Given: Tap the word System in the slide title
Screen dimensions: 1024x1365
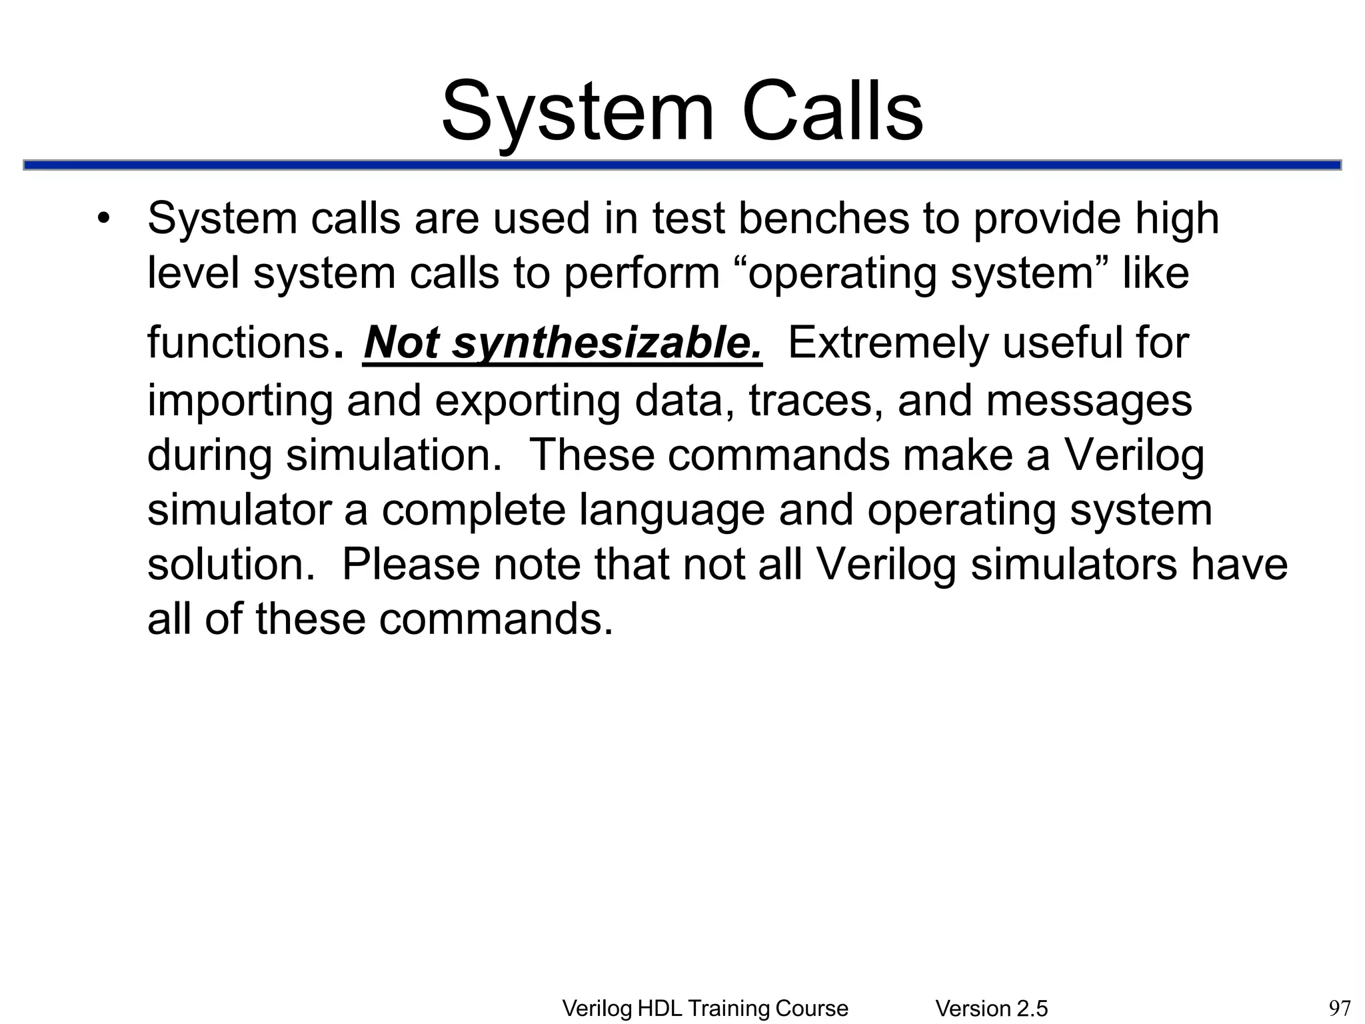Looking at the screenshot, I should click(577, 111).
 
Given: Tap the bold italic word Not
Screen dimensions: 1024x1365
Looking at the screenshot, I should click(402, 343).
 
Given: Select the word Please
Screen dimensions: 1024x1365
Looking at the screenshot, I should click(411, 565).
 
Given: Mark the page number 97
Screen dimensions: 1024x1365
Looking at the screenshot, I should click(1340, 1008).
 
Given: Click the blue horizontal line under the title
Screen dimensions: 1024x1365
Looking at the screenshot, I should click(682, 165).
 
